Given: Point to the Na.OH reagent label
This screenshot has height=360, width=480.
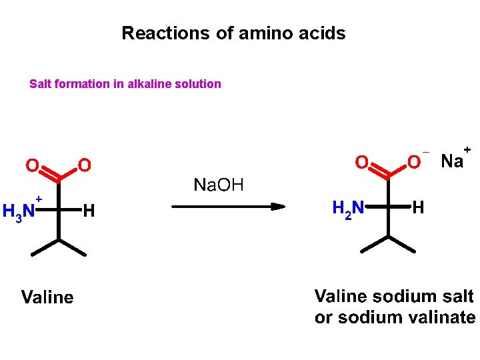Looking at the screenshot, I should tap(218, 185).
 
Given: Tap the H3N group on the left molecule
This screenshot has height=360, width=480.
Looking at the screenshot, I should tap(18, 212).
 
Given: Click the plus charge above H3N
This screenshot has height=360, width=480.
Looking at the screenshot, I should tap(39, 199).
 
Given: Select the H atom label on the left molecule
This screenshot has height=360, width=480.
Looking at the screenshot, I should tap(89, 212).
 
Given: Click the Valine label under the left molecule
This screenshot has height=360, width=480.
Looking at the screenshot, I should tap(47, 297).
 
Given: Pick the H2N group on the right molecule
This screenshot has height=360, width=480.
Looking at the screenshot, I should tap(347, 209).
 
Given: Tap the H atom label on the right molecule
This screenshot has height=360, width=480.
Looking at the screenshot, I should tap(418, 208).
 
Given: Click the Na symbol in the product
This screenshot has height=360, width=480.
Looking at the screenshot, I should tap(452, 161).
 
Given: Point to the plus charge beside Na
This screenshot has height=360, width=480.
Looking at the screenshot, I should tap(467, 149).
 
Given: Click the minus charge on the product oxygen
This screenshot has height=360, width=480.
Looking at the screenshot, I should tap(426, 151).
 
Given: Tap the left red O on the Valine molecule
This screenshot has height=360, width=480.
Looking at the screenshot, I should tap(31, 165).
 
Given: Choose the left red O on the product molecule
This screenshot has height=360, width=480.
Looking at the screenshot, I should tap(361, 162).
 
